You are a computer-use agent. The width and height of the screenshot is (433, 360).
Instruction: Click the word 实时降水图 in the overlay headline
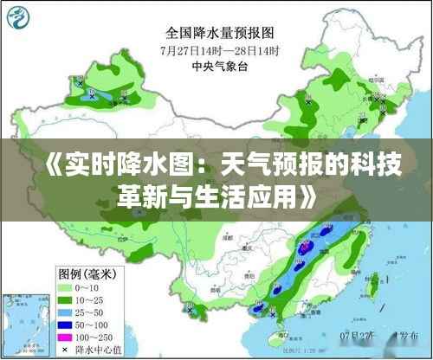coord(103,161)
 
